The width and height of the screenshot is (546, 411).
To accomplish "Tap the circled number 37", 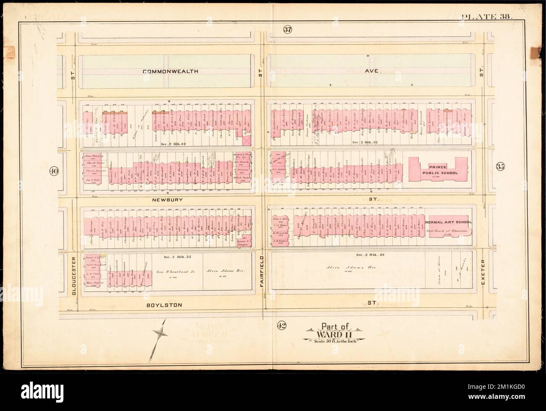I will pos(287,29).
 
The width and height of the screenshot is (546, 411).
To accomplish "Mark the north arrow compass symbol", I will pos(159,333).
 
